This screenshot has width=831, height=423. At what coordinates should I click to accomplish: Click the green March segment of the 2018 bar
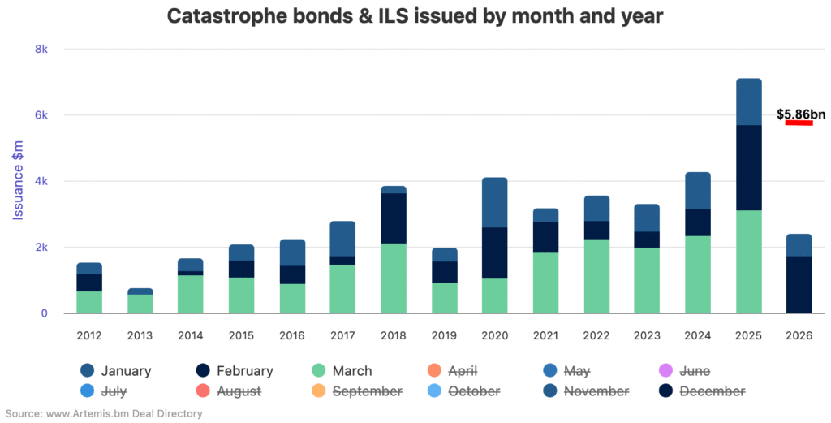coord(394,278)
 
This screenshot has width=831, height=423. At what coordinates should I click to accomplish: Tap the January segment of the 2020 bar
coord(494,202)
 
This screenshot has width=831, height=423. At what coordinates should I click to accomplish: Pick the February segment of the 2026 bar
coord(799,284)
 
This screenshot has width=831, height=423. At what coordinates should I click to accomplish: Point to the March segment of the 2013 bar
coord(140,304)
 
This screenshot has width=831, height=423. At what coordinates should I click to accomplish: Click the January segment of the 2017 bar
coord(342,239)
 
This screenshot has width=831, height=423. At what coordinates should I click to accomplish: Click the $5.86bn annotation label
coord(800,114)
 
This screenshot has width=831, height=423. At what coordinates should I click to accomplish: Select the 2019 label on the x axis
coord(444,334)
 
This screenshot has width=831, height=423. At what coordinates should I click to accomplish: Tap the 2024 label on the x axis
coord(698,334)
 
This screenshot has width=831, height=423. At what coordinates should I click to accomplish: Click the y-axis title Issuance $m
coord(18,181)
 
